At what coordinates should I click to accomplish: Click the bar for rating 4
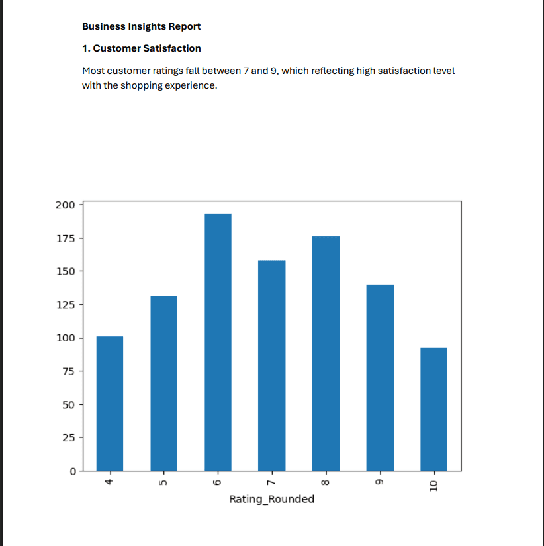110,403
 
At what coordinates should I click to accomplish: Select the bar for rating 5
164,383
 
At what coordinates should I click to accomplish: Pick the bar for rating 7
272,365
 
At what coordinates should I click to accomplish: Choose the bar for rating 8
326,353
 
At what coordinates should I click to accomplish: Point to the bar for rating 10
433,409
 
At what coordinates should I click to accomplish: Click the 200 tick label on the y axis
66,205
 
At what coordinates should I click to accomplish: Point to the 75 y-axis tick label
68,371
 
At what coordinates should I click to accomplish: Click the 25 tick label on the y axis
68,437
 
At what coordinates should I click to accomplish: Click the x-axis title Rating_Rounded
271,499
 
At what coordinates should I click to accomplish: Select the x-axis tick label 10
433,486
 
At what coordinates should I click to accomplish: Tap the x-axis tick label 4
110,483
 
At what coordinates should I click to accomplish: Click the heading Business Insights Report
141,26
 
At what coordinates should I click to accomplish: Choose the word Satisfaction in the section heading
171,48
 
